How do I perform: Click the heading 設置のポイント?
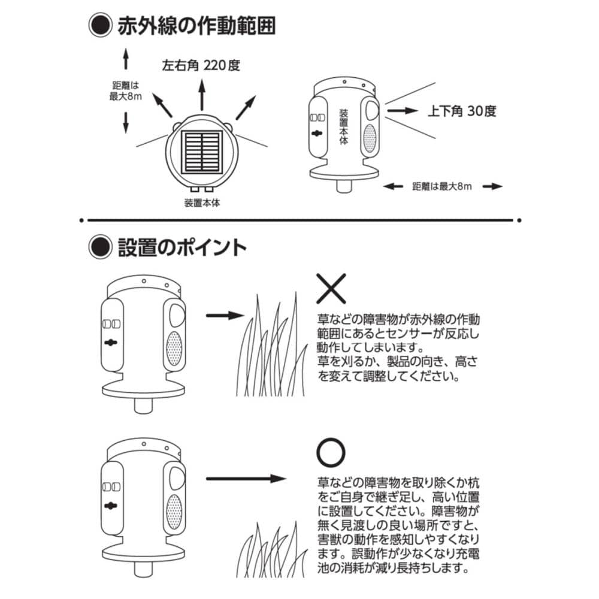(181, 246)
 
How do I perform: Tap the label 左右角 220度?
(201, 65)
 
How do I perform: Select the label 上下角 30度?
(461, 111)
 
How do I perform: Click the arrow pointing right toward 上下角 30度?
(401, 111)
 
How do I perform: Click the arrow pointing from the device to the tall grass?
(225, 314)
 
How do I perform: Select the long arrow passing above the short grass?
(246, 479)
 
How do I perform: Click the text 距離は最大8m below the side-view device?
(442, 186)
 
